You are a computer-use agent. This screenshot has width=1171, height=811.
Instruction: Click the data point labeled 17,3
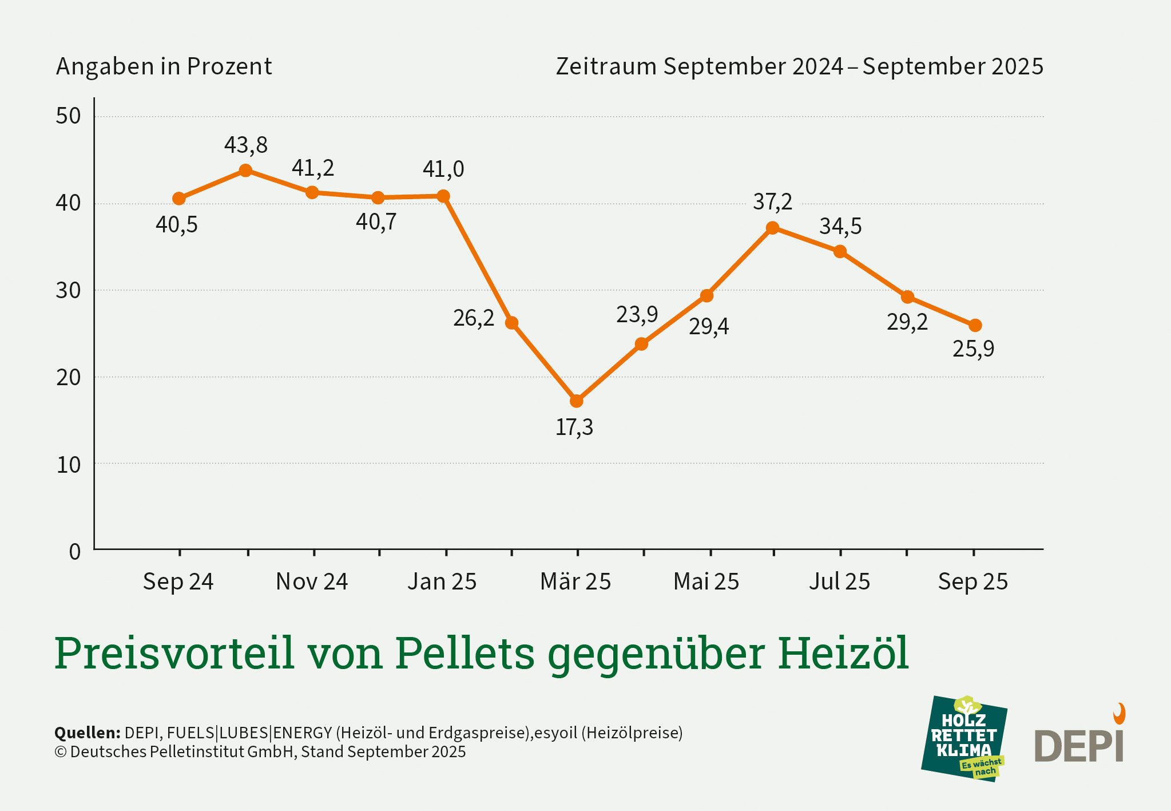click(x=577, y=401)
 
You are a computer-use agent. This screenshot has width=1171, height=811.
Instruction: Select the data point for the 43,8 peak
click(x=245, y=170)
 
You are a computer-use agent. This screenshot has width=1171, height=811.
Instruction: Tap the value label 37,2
click(x=772, y=202)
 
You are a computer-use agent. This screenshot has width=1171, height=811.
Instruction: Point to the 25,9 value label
click(x=973, y=349)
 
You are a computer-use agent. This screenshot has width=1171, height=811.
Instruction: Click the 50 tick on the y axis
click(x=68, y=116)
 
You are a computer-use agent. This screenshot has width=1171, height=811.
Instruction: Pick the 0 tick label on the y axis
click(x=74, y=552)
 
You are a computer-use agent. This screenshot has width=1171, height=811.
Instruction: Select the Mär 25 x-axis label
click(x=575, y=581)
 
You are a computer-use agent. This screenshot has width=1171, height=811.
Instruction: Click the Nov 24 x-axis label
click(x=312, y=581)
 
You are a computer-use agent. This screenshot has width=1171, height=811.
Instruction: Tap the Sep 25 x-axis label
click(x=972, y=581)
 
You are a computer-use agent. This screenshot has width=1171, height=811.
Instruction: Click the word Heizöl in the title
click(x=843, y=653)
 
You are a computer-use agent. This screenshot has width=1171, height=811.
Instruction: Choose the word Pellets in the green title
click(x=465, y=653)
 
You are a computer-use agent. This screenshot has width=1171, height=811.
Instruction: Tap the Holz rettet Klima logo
click(x=964, y=738)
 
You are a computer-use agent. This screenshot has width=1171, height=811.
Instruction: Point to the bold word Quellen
click(x=87, y=733)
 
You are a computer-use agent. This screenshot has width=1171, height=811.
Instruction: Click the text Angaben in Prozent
click(x=164, y=66)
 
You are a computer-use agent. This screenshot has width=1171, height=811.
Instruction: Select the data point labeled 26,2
click(x=511, y=323)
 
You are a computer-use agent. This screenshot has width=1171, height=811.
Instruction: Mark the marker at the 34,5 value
click(x=840, y=251)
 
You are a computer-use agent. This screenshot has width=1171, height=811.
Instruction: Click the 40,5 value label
click(x=176, y=225)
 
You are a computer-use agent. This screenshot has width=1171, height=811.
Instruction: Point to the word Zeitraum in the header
click(x=606, y=66)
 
